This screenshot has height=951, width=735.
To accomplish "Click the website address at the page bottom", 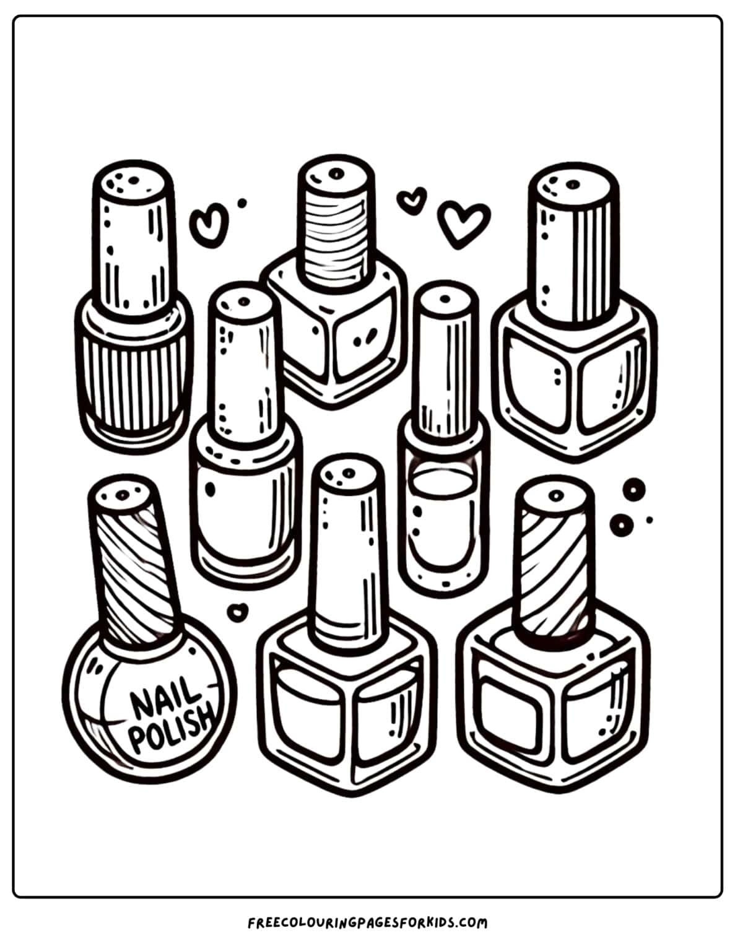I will [x=367, y=923].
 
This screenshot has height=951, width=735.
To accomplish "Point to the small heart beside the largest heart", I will [x=412, y=199].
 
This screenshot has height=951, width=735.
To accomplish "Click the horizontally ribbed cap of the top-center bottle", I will [x=336, y=223].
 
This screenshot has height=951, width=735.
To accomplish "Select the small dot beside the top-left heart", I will [x=242, y=202].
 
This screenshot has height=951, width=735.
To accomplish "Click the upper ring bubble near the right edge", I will [x=633, y=490].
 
